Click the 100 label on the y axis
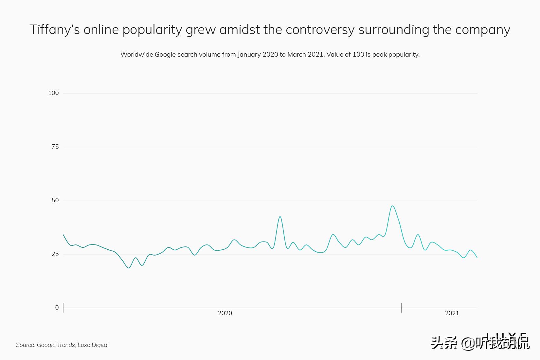[x=53, y=93]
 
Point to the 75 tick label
[x=55, y=147]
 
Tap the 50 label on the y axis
[x=55, y=200]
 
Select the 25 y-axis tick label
[x=55, y=254]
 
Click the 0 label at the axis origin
[x=57, y=308]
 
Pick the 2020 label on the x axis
[x=225, y=313]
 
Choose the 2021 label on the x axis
[x=452, y=313]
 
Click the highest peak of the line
[x=392, y=206]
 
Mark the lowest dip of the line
[x=129, y=268]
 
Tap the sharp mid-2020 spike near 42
[x=280, y=217]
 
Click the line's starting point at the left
[x=63, y=235]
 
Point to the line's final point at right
[x=477, y=258]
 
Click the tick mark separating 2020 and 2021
[x=402, y=308]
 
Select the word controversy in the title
[x=320, y=30]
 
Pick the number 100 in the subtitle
[x=358, y=54]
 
